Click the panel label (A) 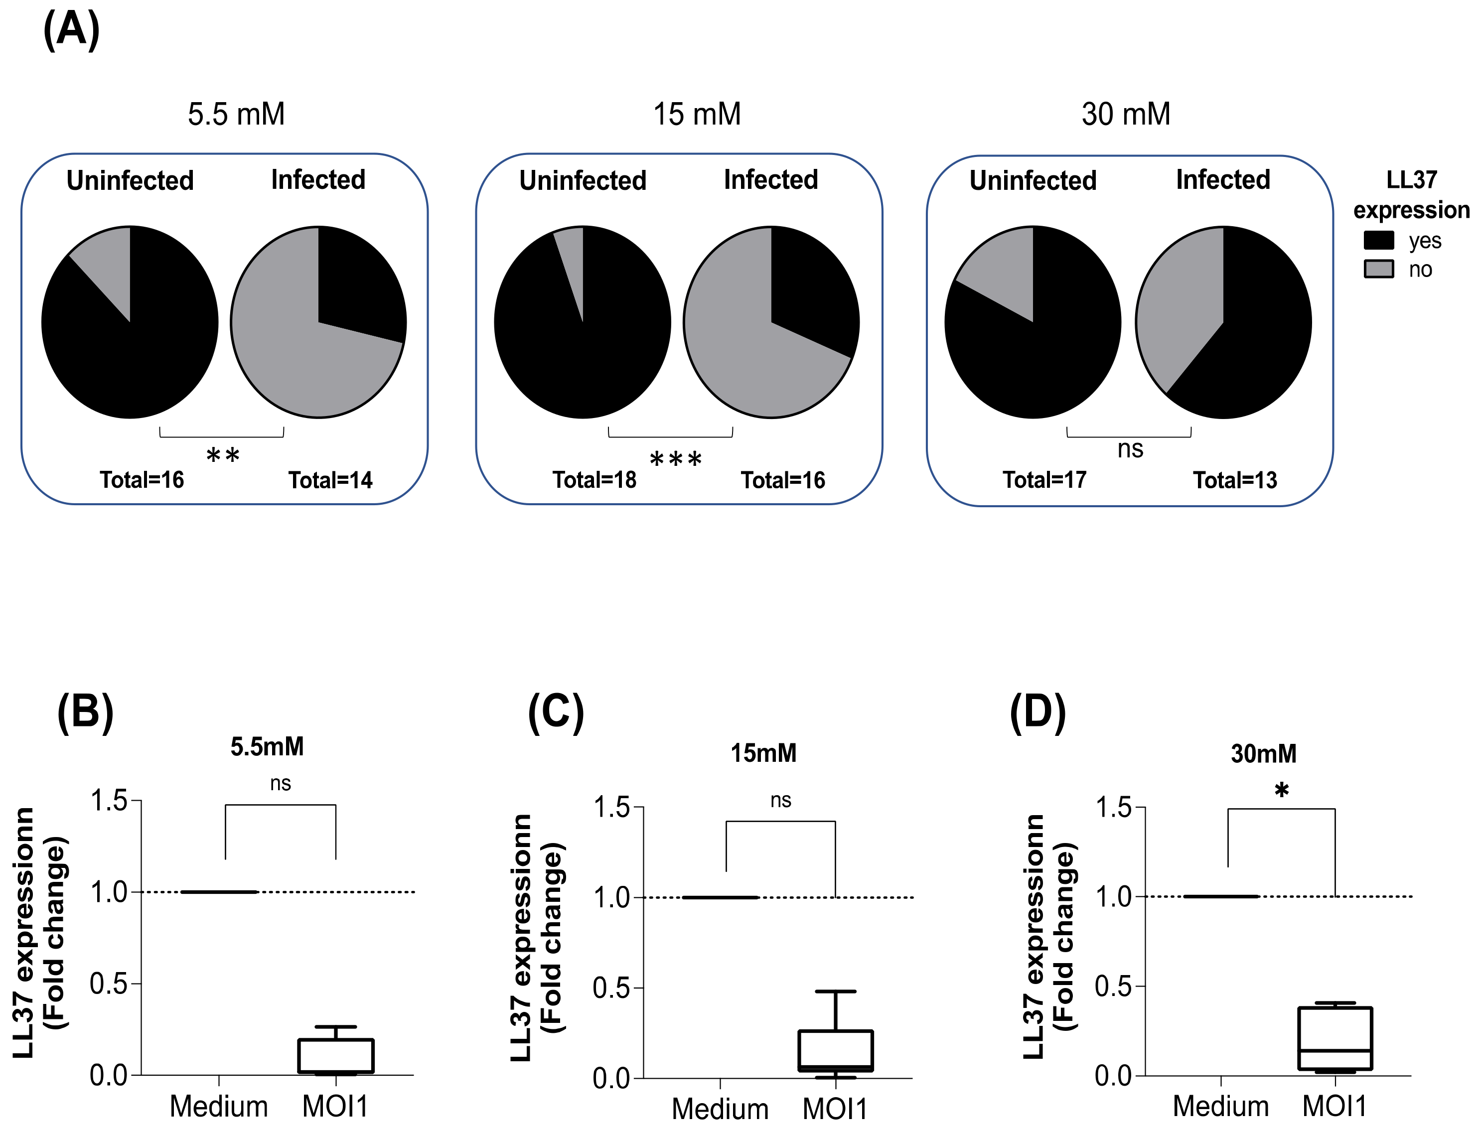coord(71,30)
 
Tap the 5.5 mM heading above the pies coord(236,114)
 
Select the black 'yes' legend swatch coord(1378,241)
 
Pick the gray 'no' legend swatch coord(1378,269)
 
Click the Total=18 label coord(594,480)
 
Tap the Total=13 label coord(1235,480)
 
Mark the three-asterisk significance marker coord(676,459)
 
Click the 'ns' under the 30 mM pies coord(1130,449)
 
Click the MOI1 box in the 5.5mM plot coord(335,1056)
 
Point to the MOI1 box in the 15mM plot coord(836,1050)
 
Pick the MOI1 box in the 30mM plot coord(1335,1038)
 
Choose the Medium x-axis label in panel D coord(1220,1106)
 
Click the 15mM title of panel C coord(763,753)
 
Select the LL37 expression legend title coord(1412,195)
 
